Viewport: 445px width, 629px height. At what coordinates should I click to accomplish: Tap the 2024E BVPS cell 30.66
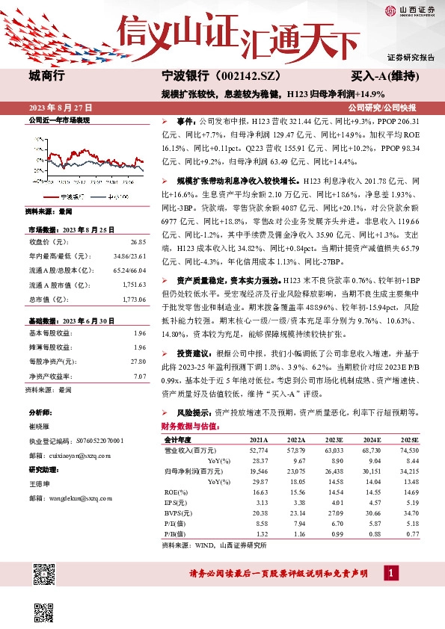[x=371, y=515]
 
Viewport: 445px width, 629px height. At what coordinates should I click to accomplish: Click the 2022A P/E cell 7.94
[x=296, y=525]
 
